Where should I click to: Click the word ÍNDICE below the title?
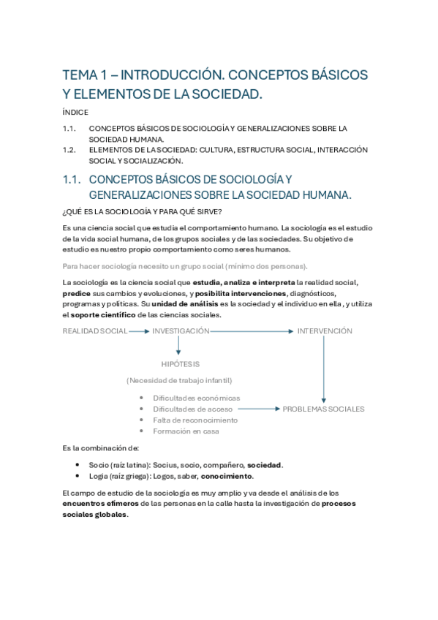point(75,112)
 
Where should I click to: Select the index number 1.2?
point(70,150)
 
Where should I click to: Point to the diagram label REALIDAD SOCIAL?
point(95,331)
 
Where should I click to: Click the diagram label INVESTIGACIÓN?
point(181,331)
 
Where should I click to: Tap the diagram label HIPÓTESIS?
point(181,363)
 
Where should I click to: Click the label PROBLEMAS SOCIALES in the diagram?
point(323,409)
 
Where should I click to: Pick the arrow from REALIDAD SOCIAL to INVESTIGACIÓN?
point(139,331)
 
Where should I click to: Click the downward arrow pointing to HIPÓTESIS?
point(178,347)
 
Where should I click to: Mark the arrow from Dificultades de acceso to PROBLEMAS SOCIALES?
point(260,409)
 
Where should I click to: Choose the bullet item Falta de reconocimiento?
point(195,420)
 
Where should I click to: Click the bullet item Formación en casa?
point(186,431)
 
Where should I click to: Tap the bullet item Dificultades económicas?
point(196,398)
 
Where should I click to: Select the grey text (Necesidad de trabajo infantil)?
point(179,380)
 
